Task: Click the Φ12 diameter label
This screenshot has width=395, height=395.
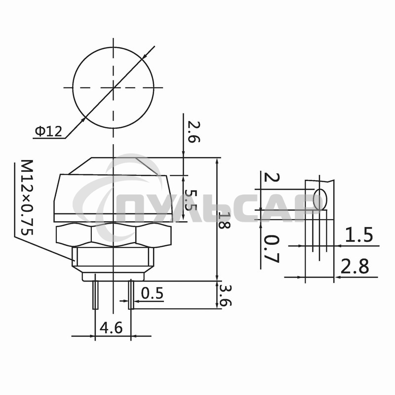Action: click(x=48, y=131)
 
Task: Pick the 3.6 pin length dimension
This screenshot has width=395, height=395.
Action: click(x=225, y=295)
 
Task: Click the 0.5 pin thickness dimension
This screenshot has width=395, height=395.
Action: click(x=152, y=293)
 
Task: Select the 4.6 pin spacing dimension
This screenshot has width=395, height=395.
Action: click(x=113, y=327)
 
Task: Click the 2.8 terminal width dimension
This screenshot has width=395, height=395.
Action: click(x=355, y=267)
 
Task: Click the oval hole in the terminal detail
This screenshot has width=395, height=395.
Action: click(x=320, y=199)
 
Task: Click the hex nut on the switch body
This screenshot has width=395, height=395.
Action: click(x=113, y=235)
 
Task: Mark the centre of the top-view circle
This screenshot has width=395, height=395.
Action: click(x=114, y=87)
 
